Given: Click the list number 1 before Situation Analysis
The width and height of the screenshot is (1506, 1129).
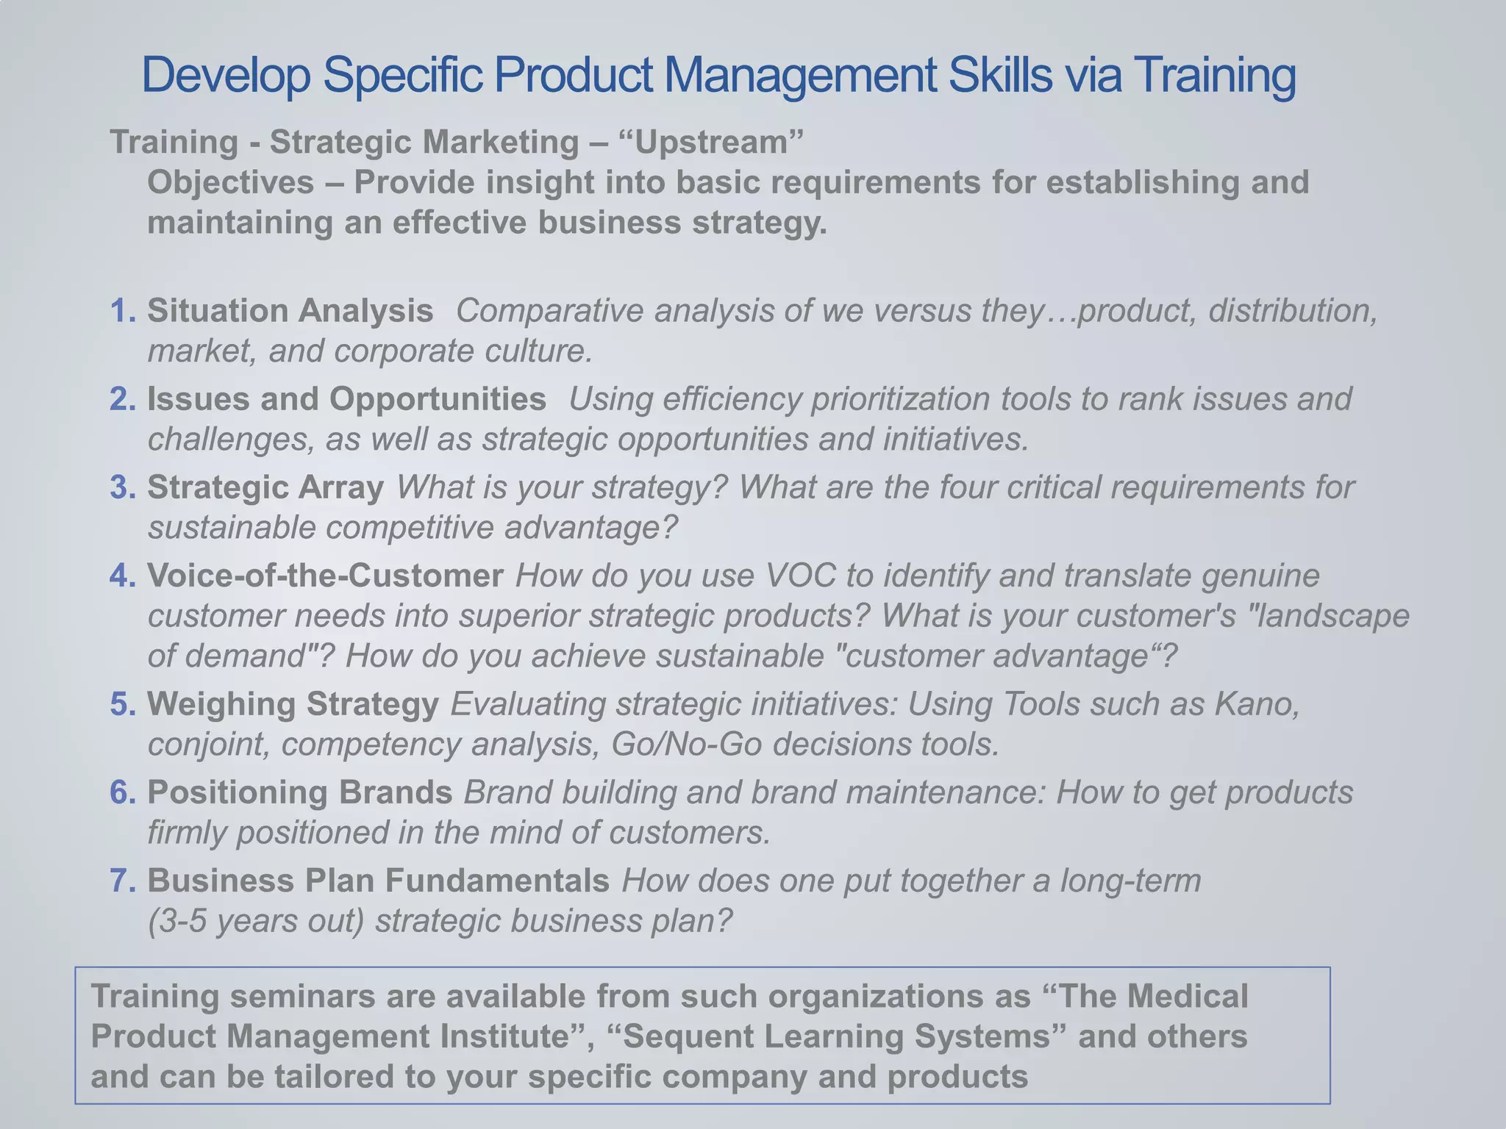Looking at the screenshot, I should click(121, 311).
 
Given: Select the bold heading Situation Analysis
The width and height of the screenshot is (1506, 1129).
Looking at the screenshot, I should click(290, 311).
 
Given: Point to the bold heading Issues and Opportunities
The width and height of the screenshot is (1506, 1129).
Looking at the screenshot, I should click(346, 399).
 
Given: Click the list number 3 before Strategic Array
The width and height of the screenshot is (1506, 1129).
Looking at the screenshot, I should click(121, 487).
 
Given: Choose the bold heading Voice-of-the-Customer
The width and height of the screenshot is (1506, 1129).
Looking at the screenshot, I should click(325, 576).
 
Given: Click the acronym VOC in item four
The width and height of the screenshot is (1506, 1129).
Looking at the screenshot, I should click(800, 576).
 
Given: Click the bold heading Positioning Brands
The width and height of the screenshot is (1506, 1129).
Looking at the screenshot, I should click(299, 792).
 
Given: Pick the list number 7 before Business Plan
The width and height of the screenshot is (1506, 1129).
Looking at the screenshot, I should click(121, 881).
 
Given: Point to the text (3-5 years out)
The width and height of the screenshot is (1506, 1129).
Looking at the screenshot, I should click(256, 921).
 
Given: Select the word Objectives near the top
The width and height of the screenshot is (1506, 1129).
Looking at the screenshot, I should click(230, 182).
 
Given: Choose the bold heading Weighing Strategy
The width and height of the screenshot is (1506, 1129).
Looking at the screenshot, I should click(293, 704).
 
